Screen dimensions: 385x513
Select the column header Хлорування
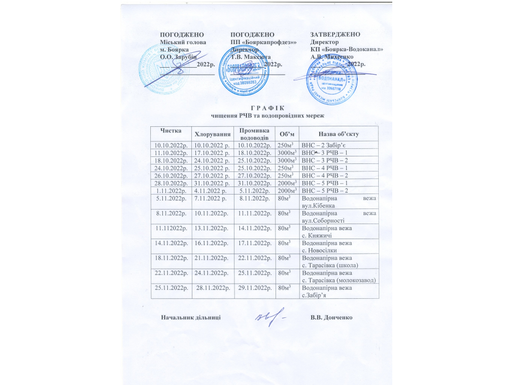point(212,134)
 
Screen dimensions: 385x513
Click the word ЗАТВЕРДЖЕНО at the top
point(336,34)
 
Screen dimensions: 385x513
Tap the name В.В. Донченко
point(332,317)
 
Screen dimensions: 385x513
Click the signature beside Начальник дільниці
point(272,317)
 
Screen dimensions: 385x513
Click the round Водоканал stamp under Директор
point(331,81)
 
